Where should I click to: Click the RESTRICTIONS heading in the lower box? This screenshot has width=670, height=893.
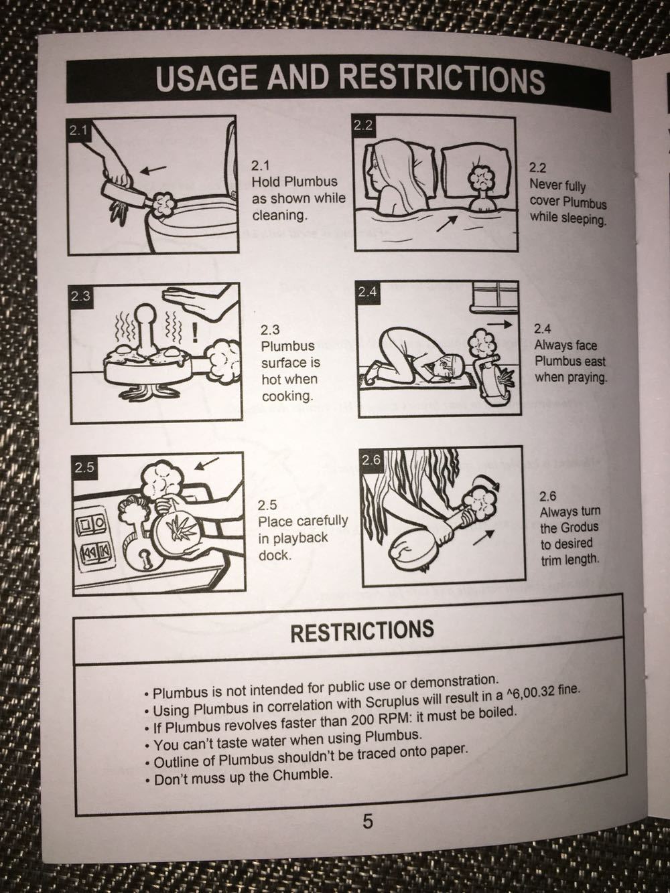362,631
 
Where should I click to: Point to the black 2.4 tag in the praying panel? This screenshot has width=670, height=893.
368,292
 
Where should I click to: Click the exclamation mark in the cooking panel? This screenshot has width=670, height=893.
196,331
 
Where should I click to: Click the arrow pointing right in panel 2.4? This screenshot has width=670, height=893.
499,324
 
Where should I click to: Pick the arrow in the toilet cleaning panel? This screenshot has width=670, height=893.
153,170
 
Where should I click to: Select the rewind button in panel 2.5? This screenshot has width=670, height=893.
92,552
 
